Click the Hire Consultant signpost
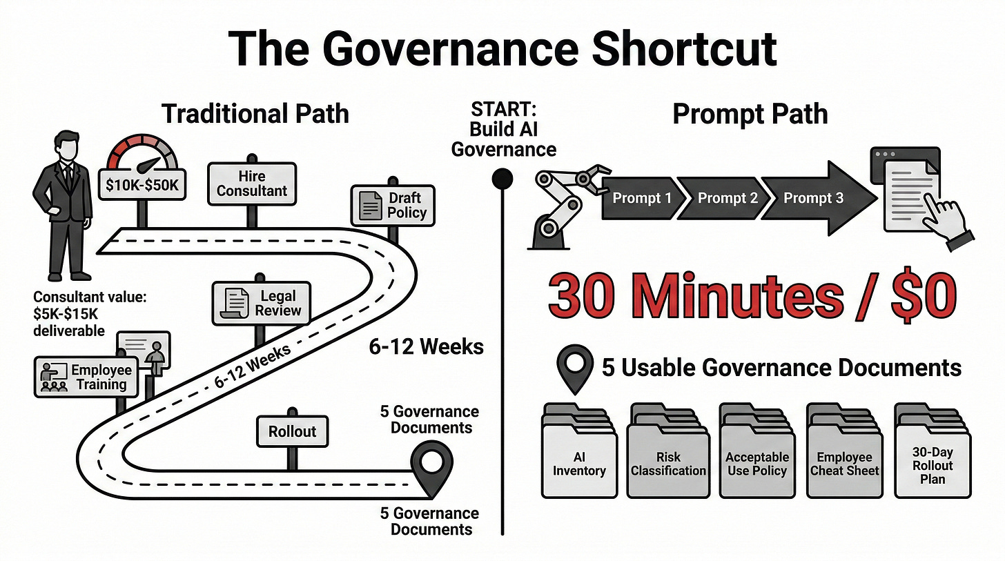coord(251,184)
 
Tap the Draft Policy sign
coord(393,205)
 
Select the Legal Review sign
coord(262,303)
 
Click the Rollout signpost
coord(292,432)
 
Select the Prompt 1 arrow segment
coord(641,199)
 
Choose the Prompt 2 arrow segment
coord(727,199)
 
